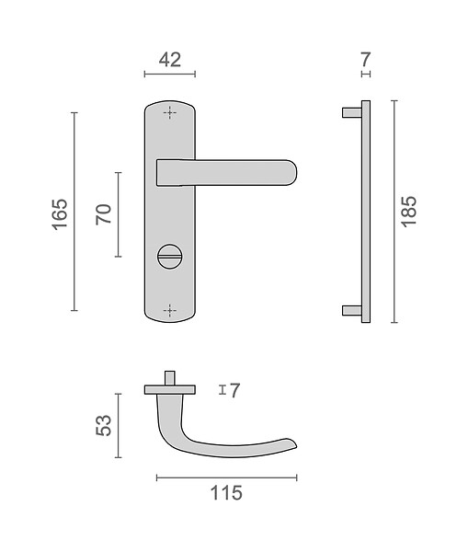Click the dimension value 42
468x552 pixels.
pyautogui.click(x=170, y=60)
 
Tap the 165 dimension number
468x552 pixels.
pyautogui.click(x=60, y=214)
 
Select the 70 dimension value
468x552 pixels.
pyautogui.click(x=104, y=214)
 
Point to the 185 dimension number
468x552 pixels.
pyautogui.click(x=409, y=212)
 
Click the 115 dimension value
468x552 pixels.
pyautogui.click(x=226, y=493)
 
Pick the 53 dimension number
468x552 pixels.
pyautogui.click(x=104, y=426)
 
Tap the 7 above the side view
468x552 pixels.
pyautogui.click(x=366, y=59)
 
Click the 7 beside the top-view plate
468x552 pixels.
pyautogui.click(x=234, y=390)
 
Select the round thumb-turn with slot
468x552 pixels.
pyautogui.click(x=169, y=257)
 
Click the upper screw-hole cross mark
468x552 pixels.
pyautogui.click(x=169, y=113)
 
